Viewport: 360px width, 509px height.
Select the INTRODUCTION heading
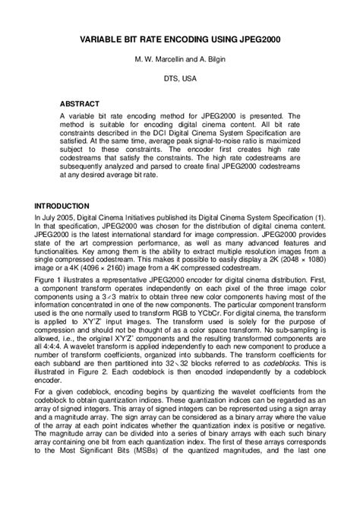click(62, 207)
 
